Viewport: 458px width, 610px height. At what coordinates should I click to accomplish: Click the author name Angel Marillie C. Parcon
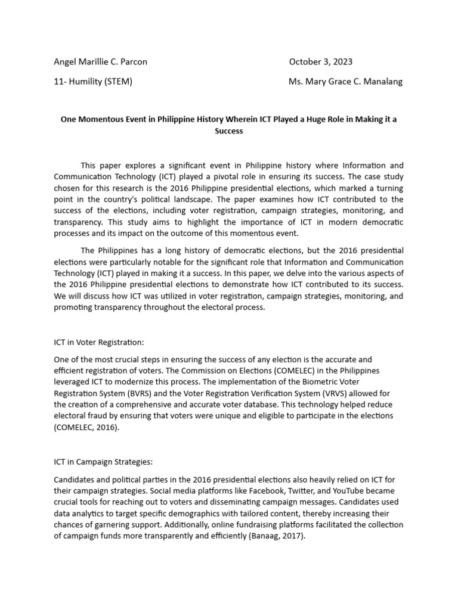click(x=100, y=61)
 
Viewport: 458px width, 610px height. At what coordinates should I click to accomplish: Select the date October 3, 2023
click(x=320, y=61)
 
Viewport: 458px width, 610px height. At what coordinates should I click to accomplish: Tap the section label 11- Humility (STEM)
click(x=93, y=82)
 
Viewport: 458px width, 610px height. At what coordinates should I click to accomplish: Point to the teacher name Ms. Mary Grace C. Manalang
click(x=345, y=82)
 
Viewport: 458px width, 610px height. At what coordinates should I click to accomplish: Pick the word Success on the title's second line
click(x=229, y=130)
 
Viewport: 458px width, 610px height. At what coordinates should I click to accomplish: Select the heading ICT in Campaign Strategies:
click(x=106, y=462)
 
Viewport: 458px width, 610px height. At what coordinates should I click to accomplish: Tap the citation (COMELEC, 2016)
click(x=86, y=427)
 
